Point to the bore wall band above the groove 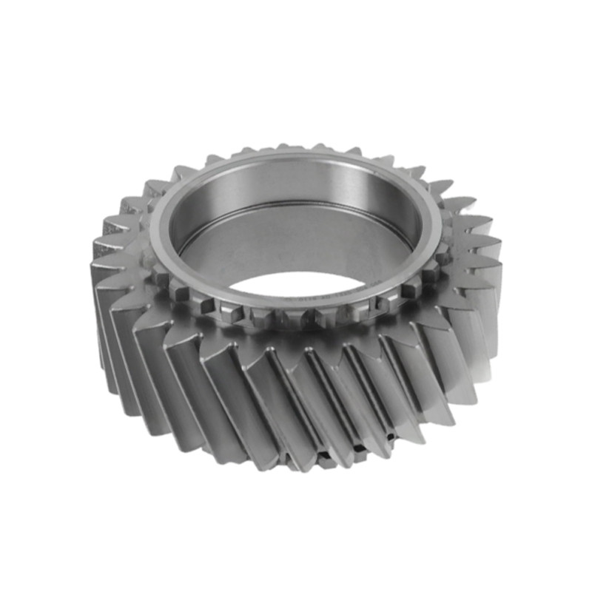296,185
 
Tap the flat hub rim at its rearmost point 296,153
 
